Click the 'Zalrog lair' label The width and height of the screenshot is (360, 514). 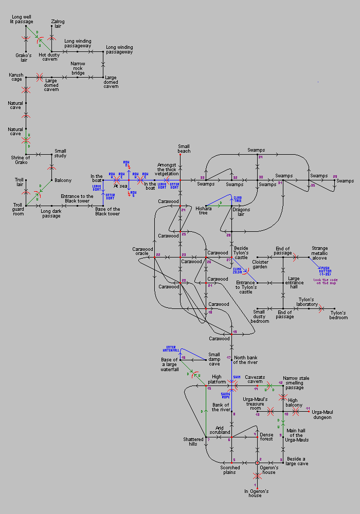tap(58, 24)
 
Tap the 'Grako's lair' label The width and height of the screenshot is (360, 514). tap(24, 57)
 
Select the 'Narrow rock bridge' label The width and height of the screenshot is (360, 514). tap(78, 68)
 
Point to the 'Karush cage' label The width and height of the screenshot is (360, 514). tap(16, 78)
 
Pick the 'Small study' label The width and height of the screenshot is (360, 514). tap(60, 154)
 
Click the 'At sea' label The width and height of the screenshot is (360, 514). tap(121, 186)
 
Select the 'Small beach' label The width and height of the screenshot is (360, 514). tap(184, 148)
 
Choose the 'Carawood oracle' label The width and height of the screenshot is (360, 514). tap(142, 252)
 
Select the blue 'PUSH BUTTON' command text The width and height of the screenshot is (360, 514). tap(326, 270)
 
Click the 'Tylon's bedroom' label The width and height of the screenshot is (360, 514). tap(338, 315)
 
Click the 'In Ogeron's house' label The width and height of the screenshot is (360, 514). tap(257, 493)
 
